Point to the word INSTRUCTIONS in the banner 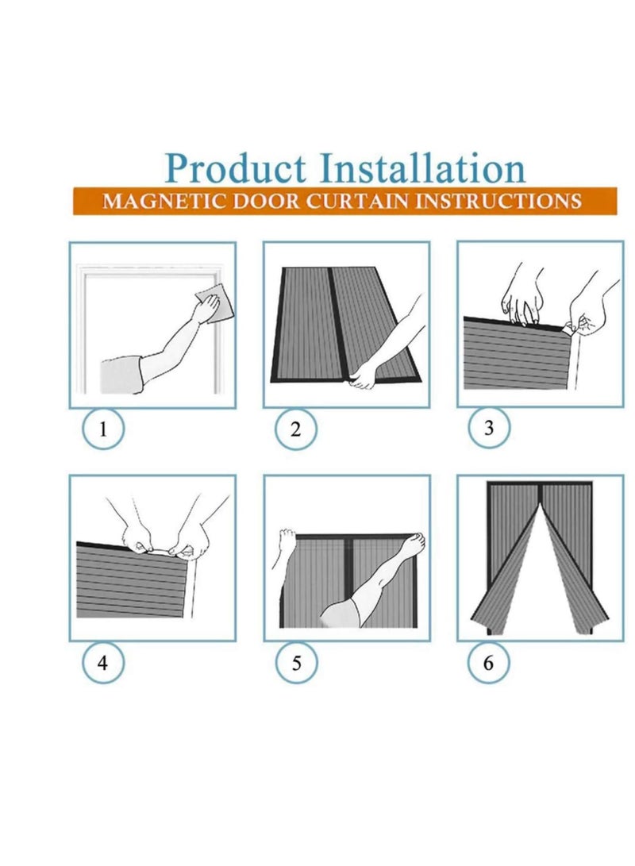pyautogui.click(x=499, y=200)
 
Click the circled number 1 pyautogui.click(x=103, y=430)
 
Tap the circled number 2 pyautogui.click(x=296, y=430)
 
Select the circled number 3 pyautogui.click(x=489, y=428)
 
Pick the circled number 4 pyautogui.click(x=103, y=663)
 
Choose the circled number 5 pyautogui.click(x=296, y=663)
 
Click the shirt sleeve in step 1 pyautogui.click(x=120, y=371)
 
